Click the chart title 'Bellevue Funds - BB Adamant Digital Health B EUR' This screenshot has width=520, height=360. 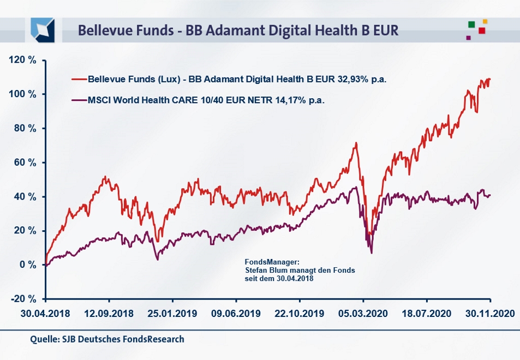[x=238, y=30]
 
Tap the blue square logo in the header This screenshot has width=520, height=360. [x=43, y=29]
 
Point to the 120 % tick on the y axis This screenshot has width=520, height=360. [x=22, y=60]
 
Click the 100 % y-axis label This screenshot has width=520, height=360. [x=22, y=94]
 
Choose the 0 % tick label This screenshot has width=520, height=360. [x=27, y=265]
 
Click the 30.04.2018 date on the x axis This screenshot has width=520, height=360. [x=45, y=314]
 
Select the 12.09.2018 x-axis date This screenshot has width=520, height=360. [x=109, y=314]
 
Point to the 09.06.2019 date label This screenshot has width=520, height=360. [x=236, y=314]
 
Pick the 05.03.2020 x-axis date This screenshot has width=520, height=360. [x=363, y=314]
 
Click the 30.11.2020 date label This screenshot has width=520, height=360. [x=490, y=314]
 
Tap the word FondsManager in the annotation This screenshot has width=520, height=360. [x=265, y=262]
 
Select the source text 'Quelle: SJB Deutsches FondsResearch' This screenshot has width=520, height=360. [x=107, y=339]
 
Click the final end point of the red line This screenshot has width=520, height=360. [x=490, y=79]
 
